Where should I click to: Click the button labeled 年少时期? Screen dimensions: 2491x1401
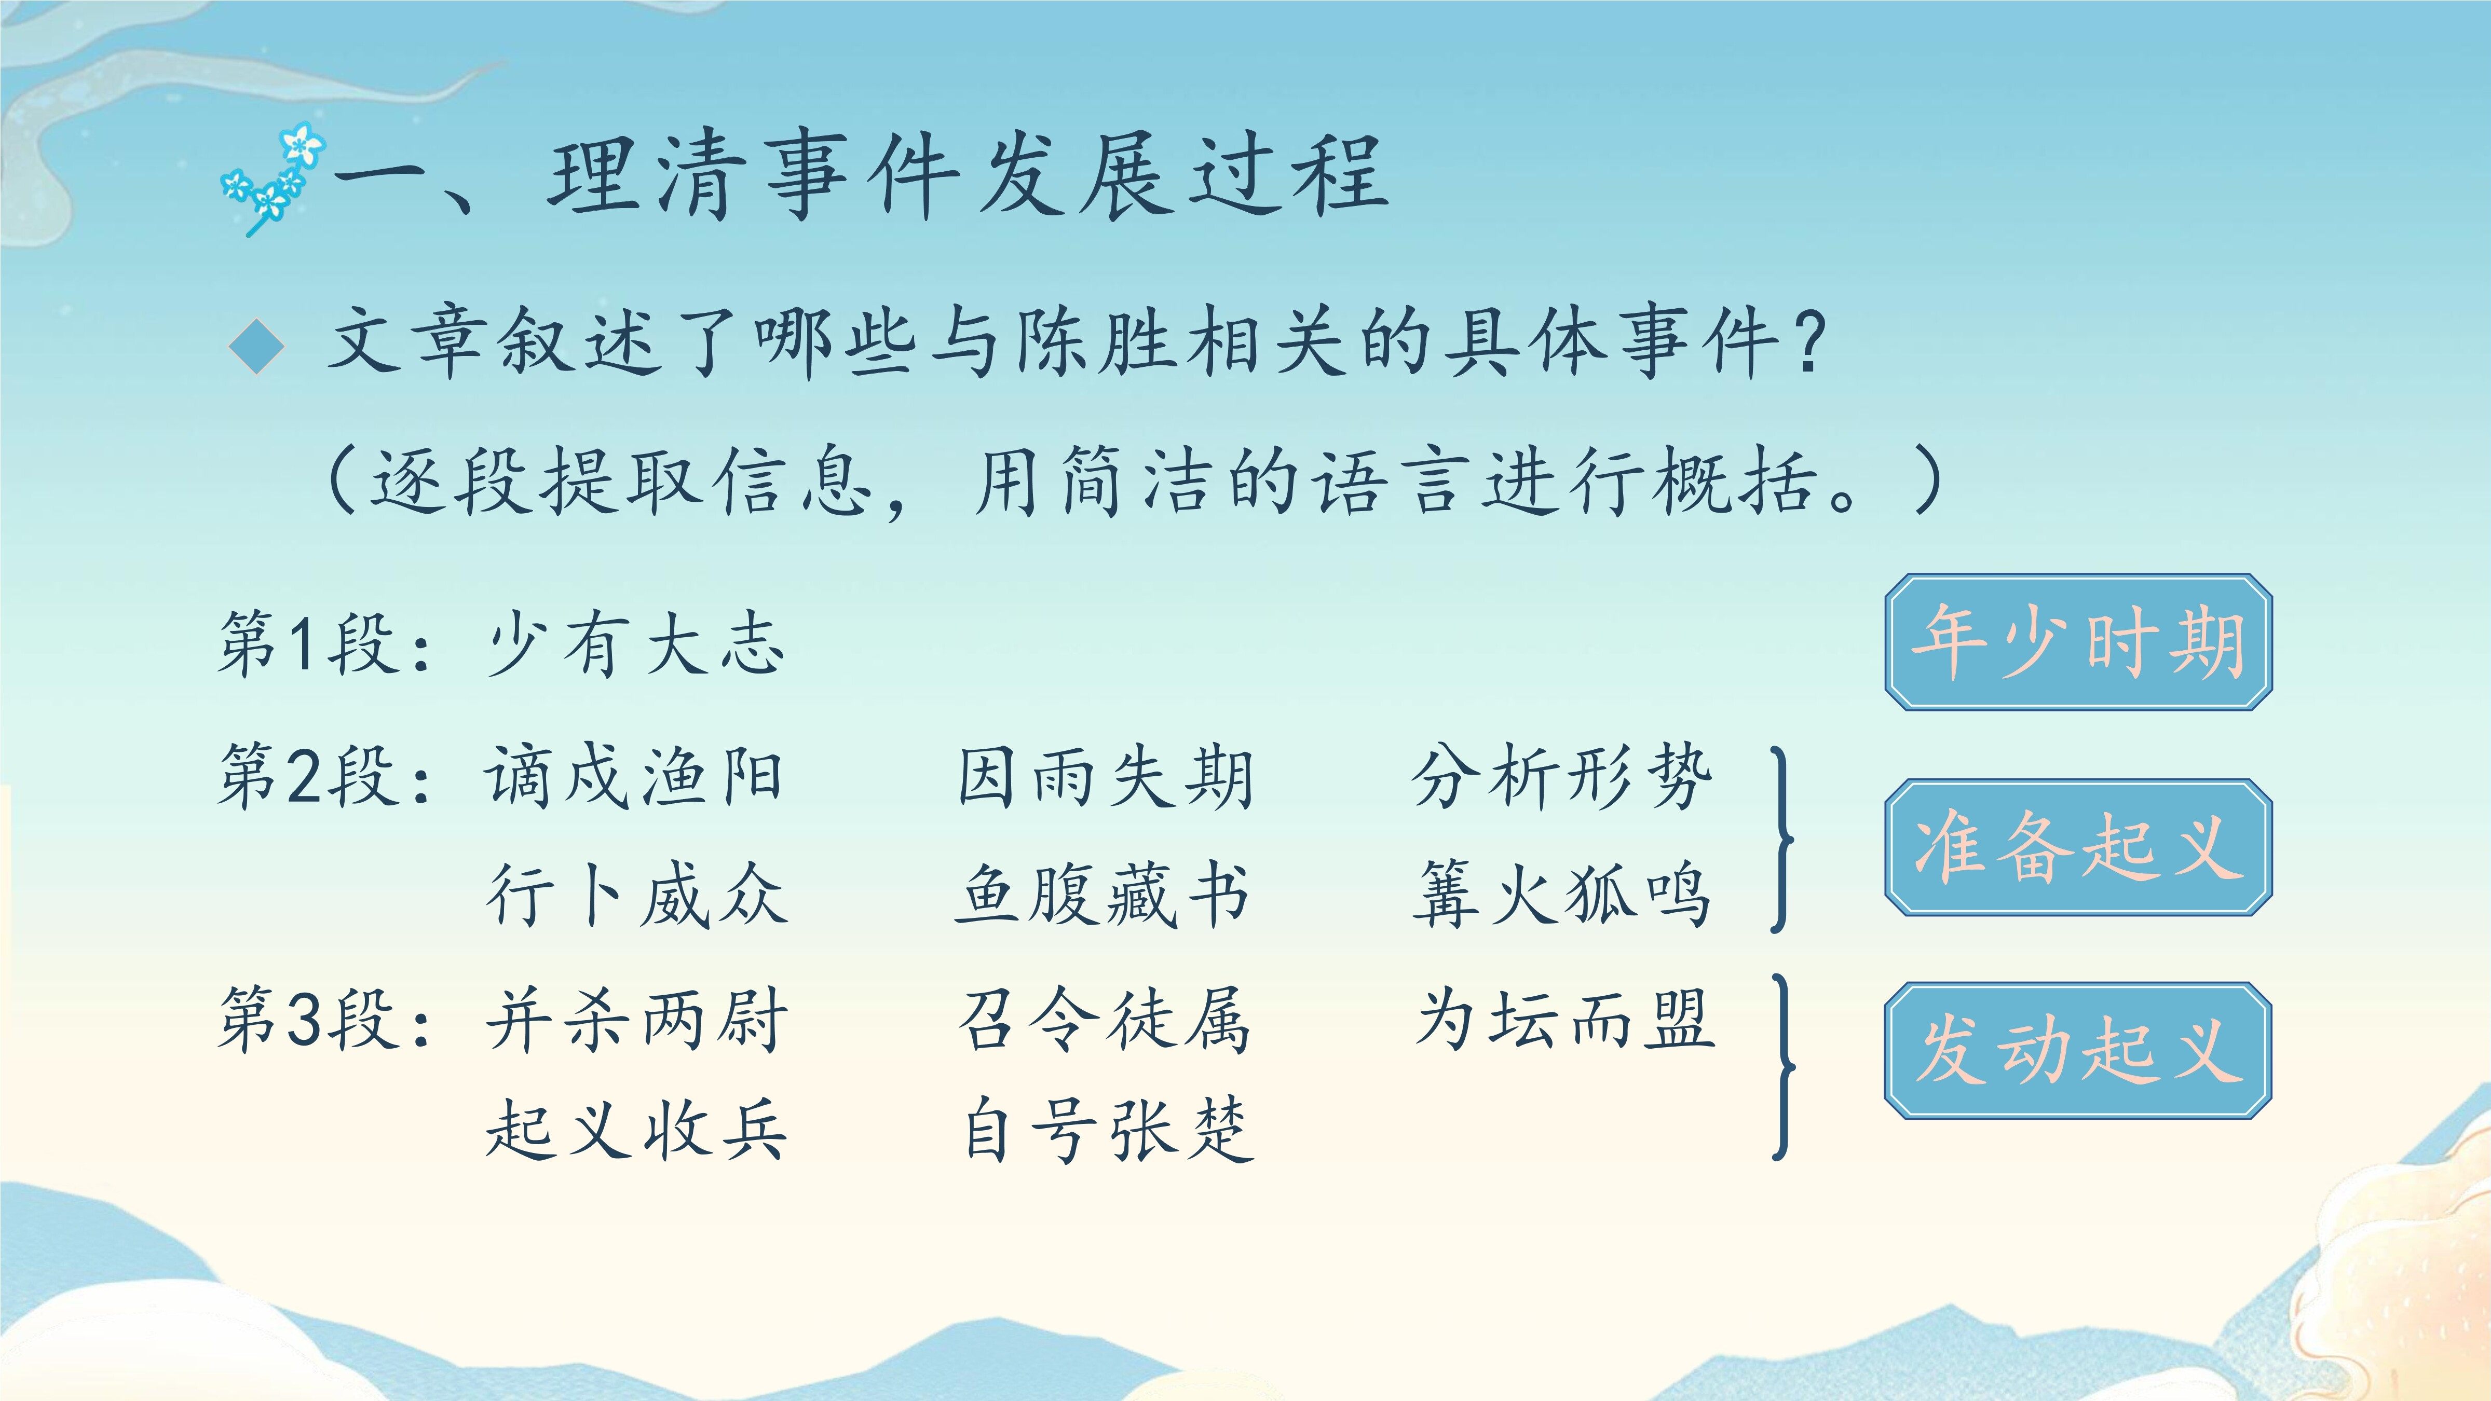coord(2078,642)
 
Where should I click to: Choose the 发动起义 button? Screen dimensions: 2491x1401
coord(2078,1051)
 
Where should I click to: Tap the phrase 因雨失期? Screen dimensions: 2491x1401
coord(1105,776)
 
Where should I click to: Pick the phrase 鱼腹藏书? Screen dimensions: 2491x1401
coord(1102,895)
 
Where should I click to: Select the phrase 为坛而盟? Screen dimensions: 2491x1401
coord(1564,1020)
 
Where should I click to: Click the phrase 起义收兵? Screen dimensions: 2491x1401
coord(636,1129)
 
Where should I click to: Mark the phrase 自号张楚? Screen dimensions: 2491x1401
coord(1108,1129)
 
